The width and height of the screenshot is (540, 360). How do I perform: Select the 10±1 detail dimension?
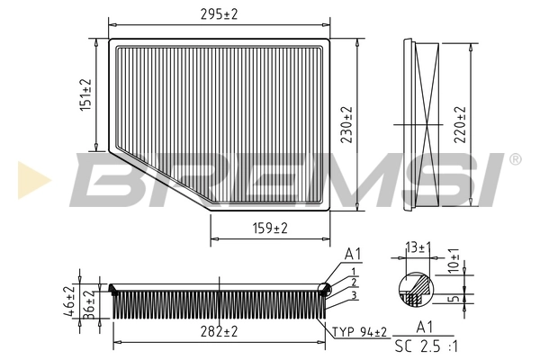(454, 261)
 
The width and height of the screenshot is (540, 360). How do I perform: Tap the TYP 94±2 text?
(360, 332)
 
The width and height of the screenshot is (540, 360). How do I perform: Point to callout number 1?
(355, 271)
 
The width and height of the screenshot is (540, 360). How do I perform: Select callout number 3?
(355, 294)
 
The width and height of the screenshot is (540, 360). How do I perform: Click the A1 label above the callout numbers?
(354, 254)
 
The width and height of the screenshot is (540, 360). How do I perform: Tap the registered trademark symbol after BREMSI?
(514, 159)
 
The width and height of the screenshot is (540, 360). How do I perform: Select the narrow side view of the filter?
(421, 123)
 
